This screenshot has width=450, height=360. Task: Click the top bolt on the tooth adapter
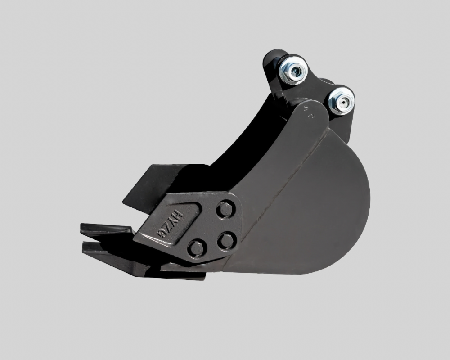point(226,209)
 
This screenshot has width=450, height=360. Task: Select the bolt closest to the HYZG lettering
point(197,247)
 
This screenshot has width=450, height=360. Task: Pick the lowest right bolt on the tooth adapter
point(227,241)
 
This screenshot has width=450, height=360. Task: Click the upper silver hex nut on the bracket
point(293,71)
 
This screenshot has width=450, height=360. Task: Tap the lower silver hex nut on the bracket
point(342,101)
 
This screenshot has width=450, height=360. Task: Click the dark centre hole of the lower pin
point(342,102)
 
